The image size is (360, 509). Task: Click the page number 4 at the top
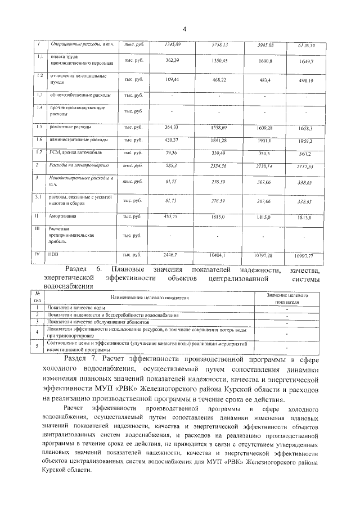pyautogui.click(x=183, y=30)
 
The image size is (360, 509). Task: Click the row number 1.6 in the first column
pyautogui.click(x=39, y=139)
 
